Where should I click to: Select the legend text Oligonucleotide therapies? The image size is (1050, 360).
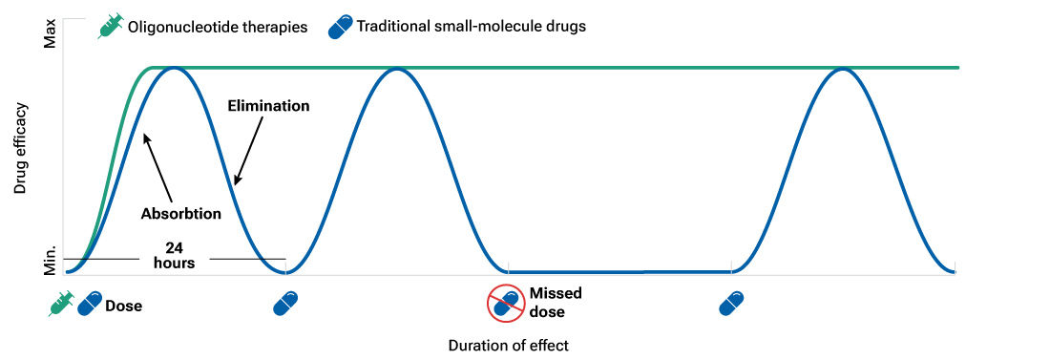[217, 27]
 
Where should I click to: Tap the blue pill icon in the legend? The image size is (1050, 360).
[340, 27]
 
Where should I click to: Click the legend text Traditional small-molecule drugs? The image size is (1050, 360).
[471, 27]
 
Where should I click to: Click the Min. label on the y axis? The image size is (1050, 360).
[52, 259]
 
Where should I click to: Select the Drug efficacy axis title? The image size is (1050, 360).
[20, 153]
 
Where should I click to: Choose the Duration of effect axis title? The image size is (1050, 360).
[508, 345]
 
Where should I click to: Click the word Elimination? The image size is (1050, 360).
[268, 106]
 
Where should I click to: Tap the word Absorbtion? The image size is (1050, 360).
[181, 214]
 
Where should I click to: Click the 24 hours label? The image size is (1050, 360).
[174, 255]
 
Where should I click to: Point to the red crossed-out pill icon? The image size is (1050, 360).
[506, 304]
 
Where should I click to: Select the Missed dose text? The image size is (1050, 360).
[556, 303]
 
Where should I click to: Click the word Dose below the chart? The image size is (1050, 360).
[124, 307]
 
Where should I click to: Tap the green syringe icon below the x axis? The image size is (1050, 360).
[62, 304]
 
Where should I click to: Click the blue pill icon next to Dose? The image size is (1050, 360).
[91, 304]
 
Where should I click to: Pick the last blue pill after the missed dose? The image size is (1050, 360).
[731, 304]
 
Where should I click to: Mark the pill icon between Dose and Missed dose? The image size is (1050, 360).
[285, 304]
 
